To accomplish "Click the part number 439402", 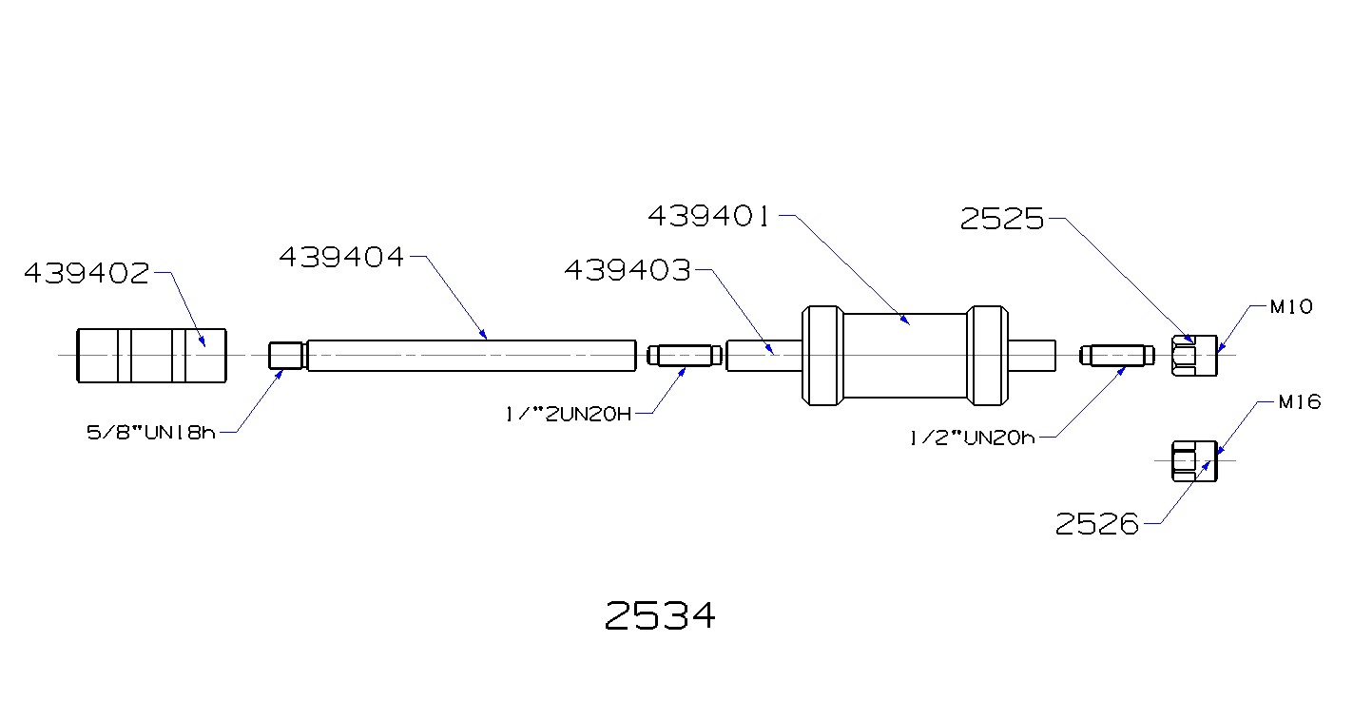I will (x=87, y=274).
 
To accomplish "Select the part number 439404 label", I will (x=341, y=257).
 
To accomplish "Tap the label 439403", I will (x=628, y=271).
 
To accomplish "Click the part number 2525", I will (x=1002, y=221).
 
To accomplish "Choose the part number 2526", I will (x=1097, y=524).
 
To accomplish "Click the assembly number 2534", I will (x=660, y=616).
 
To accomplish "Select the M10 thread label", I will (x=1291, y=307).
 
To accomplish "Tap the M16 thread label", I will (x=1299, y=402).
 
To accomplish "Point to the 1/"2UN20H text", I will (x=568, y=415).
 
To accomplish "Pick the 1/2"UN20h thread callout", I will (x=971, y=438).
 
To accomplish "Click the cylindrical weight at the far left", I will (x=151, y=356).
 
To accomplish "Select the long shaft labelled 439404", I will (x=471, y=356).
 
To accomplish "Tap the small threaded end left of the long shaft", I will (x=285, y=356).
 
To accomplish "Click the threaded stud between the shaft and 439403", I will (x=679, y=356).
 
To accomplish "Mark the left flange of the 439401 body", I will (x=821, y=356).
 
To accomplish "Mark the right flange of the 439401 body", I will (x=986, y=356).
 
